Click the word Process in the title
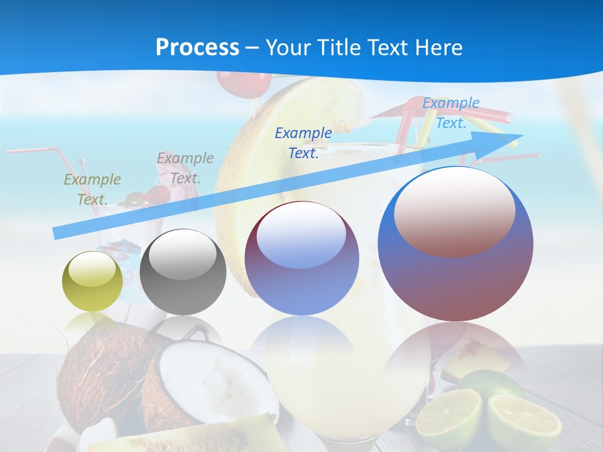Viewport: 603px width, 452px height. coord(197,48)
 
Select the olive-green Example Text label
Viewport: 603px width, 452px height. coord(92,190)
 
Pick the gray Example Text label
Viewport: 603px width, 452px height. coord(185,168)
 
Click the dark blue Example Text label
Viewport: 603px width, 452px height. coord(303,143)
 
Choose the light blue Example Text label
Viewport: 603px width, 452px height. coord(450,113)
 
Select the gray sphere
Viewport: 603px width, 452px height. coord(183,272)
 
